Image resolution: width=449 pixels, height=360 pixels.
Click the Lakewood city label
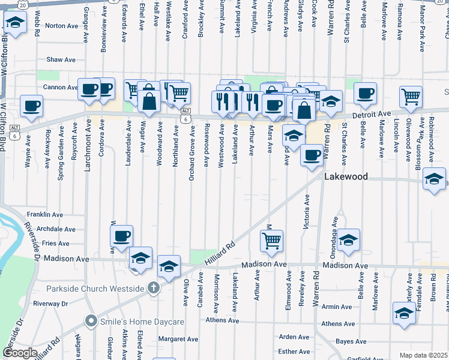346,177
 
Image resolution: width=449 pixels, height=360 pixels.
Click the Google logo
20,353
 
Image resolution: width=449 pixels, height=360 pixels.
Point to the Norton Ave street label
62,26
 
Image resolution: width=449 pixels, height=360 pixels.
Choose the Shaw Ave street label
61,60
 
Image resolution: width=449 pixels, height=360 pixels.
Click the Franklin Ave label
45,214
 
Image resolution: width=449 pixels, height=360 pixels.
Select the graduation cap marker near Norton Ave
15,24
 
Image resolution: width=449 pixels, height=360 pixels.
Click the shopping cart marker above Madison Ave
271,240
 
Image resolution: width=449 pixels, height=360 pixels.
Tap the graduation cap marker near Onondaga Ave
348,240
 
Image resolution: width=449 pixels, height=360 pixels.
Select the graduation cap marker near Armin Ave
404,313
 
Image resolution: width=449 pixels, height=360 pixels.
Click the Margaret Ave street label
178,339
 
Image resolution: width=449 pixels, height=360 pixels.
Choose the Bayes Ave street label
352,341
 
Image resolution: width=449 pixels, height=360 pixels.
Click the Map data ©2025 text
424,355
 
